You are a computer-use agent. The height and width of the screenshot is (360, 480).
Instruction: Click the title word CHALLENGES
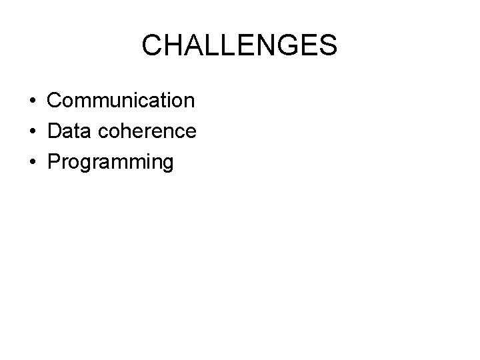pyautogui.click(x=240, y=46)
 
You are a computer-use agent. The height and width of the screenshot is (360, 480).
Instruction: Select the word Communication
pyautogui.click(x=121, y=101)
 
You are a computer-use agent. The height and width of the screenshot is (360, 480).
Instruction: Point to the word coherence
pyautogui.click(x=146, y=131)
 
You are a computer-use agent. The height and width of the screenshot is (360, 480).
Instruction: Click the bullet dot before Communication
pyautogui.click(x=33, y=101)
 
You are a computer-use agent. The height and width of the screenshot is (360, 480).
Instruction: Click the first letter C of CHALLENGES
pyautogui.click(x=153, y=46)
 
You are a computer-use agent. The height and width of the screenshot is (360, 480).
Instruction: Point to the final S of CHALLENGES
pyautogui.click(x=327, y=46)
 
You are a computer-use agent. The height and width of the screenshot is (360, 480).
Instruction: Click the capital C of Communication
pyautogui.click(x=55, y=101)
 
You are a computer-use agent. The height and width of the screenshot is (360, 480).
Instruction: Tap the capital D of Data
pyautogui.click(x=55, y=131)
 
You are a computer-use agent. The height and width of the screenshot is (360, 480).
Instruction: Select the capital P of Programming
pyautogui.click(x=54, y=162)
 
